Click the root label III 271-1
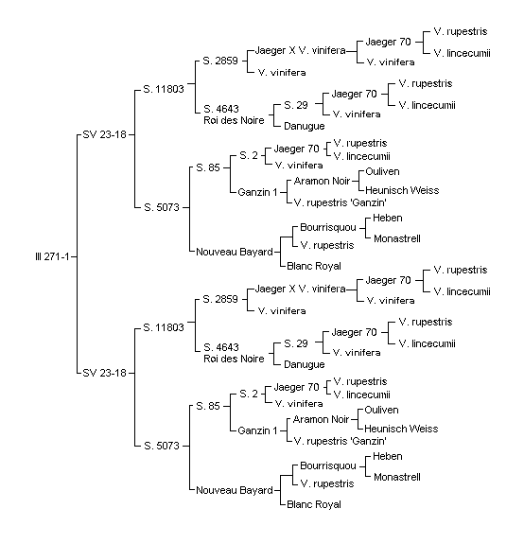coord(52,257)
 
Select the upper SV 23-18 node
coord(104,134)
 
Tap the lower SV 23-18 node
coord(104,373)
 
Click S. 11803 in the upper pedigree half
coord(164,89)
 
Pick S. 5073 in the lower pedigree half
coord(162,446)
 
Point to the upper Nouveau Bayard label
coord(235,252)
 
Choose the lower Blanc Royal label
coord(314,504)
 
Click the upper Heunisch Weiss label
coord(402,190)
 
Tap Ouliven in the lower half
coord(381,410)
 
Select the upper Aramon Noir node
coord(322,181)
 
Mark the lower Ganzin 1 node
coord(257,430)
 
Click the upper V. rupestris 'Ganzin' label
coord(341,202)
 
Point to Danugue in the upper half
coord(305,126)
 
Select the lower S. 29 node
coord(296,343)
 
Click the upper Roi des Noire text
coord(234,120)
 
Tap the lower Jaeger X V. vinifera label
coord(301,289)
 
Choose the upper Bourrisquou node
coord(328,228)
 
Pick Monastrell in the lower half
coord(397,477)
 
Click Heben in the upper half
coord(388,218)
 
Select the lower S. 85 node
coord(208,406)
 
